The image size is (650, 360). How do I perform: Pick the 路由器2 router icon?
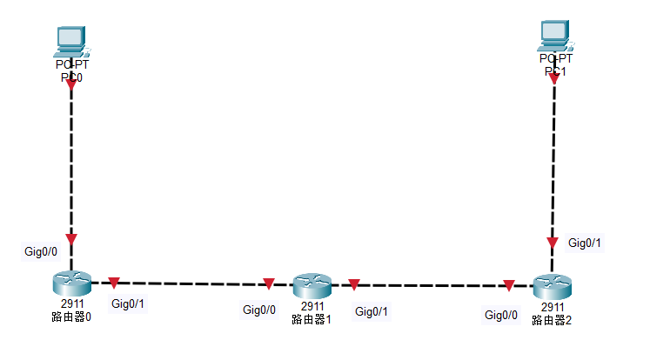coord(552,285)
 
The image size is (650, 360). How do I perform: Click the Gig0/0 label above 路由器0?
coord(41,251)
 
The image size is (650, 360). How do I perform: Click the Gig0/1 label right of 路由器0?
coord(128,303)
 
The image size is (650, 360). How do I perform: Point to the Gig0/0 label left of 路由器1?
coord(259,310)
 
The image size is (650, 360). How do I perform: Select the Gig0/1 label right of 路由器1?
coord(372,310)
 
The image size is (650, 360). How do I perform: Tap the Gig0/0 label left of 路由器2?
coord(501,314)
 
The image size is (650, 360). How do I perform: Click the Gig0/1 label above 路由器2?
coord(585,243)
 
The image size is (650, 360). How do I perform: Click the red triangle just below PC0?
coord(71,86)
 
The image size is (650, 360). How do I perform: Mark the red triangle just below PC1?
coord(554,79)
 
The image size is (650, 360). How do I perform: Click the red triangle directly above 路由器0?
coord(71,239)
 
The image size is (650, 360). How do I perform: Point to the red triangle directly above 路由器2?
coord(552,243)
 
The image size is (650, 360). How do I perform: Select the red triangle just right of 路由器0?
coord(113,283)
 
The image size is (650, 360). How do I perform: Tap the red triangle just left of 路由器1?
coord(269,283)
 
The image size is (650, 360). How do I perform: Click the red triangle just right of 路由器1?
coord(354,284)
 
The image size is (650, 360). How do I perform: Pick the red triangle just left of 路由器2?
coord(508,284)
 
